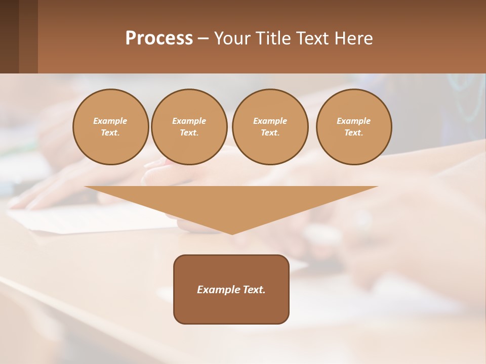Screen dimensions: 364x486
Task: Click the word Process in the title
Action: coord(159,38)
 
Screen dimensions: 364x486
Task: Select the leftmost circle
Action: coord(111,127)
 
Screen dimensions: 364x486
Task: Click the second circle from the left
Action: coord(189,127)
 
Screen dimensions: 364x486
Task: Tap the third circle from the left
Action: coord(270,127)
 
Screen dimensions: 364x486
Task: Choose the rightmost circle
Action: coord(354,127)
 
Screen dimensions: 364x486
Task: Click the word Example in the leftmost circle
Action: coord(110,121)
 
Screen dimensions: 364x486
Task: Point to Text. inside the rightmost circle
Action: coord(354,133)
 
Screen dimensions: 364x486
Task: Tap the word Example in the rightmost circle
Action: coord(354,121)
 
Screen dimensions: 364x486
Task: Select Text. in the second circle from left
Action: coord(189,133)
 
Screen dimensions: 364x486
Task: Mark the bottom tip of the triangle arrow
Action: coord(232,234)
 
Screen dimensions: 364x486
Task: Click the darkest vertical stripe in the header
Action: coord(9,36)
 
